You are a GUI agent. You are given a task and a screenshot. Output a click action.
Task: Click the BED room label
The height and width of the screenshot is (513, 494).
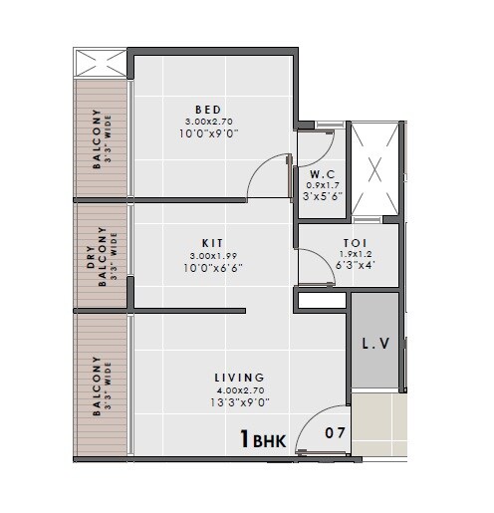pyautogui.click(x=208, y=110)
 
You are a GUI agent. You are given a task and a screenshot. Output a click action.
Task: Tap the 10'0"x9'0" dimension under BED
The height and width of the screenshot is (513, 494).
pyautogui.click(x=208, y=133)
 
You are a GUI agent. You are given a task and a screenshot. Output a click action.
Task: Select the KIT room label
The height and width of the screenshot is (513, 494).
pyautogui.click(x=212, y=243)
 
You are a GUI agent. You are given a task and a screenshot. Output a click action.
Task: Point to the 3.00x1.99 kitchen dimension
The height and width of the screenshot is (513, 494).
pyautogui.click(x=211, y=256)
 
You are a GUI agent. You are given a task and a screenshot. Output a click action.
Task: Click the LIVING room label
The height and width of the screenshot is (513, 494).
pyautogui.click(x=239, y=378)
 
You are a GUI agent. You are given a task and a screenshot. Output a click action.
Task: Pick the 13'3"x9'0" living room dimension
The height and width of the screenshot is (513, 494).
pyautogui.click(x=239, y=402)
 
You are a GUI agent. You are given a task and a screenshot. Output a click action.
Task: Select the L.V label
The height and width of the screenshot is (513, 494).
pyautogui.click(x=375, y=345)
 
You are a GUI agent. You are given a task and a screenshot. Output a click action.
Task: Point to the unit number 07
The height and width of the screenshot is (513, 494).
pyautogui.click(x=337, y=433)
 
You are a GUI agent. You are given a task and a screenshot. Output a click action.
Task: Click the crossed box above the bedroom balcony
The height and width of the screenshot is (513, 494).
pyautogui.click(x=102, y=65)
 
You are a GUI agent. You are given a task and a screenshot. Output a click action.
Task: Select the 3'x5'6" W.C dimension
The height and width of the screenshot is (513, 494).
pyautogui.click(x=322, y=196)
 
